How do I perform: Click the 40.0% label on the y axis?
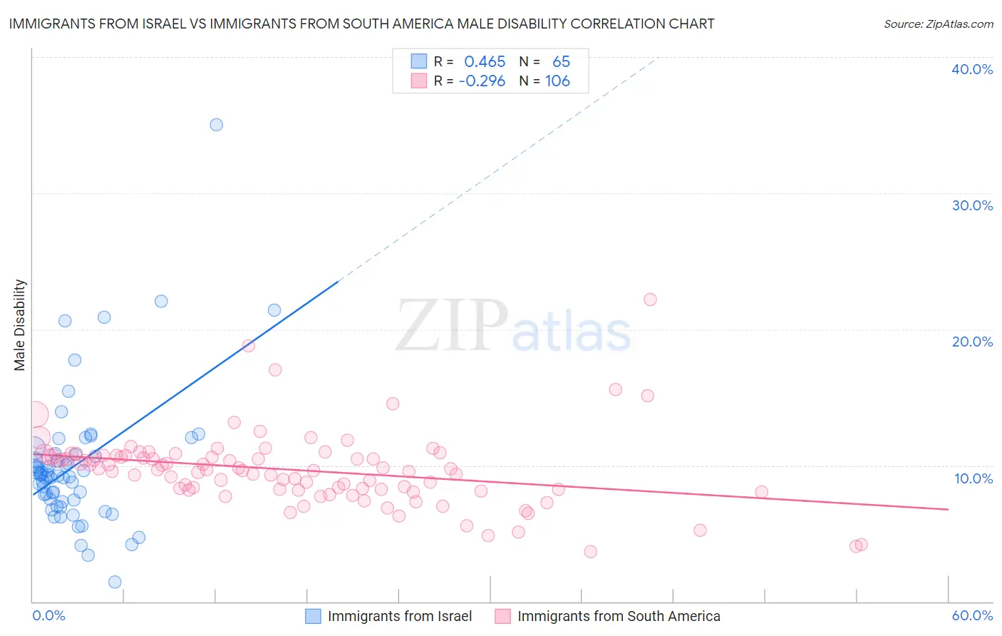(971, 69)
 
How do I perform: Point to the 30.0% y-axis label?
(971, 205)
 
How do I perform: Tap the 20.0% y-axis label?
(971, 342)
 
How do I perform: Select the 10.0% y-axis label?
(973, 478)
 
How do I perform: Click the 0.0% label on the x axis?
(48, 615)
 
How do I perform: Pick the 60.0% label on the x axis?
(972, 615)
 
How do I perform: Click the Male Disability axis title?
(20, 325)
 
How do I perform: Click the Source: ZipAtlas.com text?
(938, 24)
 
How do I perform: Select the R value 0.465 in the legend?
(485, 62)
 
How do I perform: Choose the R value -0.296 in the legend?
(482, 81)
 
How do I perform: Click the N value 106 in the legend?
(557, 81)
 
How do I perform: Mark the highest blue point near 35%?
(216, 125)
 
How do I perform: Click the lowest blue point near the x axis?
(115, 582)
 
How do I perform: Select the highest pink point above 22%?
(650, 299)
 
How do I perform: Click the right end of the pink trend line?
(948, 509)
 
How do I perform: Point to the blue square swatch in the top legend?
(418, 62)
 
